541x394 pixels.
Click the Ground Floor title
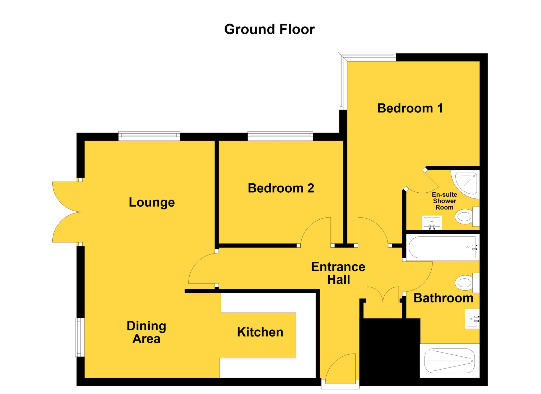(x=269, y=29)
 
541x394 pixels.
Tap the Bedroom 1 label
(x=410, y=108)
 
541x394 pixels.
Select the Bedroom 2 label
(x=281, y=188)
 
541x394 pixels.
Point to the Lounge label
(x=152, y=202)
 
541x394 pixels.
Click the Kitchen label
(x=260, y=332)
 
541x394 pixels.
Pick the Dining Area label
(x=146, y=332)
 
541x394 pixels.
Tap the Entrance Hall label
(x=338, y=273)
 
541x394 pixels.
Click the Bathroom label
(x=443, y=298)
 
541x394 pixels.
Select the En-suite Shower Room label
(x=444, y=201)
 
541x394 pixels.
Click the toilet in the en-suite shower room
(x=466, y=217)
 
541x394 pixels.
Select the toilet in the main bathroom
(x=466, y=283)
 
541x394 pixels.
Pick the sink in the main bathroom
(x=472, y=319)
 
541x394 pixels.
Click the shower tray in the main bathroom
(x=449, y=361)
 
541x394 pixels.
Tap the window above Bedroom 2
(x=280, y=136)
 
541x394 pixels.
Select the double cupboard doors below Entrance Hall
(x=383, y=295)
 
